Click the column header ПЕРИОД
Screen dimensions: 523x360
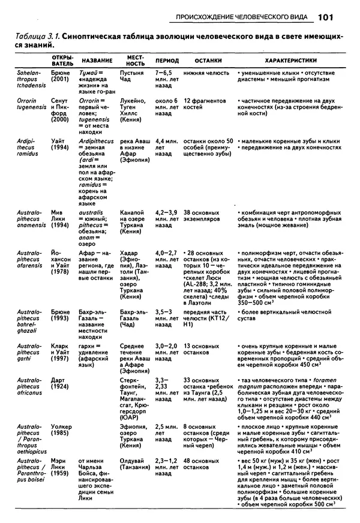point(167,61)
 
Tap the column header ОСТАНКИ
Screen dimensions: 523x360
point(208,61)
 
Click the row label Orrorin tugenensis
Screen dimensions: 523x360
point(27,106)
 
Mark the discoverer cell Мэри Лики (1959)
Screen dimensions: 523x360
point(60,462)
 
